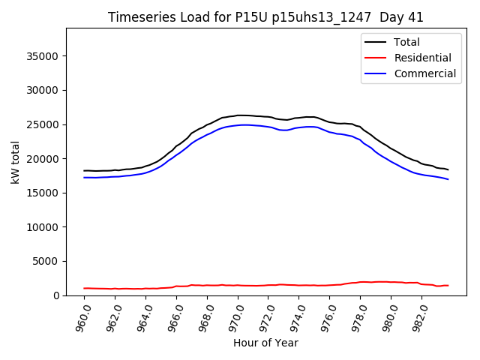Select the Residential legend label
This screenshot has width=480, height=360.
coord(422,58)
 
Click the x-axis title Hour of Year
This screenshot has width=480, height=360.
coord(265,343)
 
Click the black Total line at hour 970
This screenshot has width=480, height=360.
coord(238,115)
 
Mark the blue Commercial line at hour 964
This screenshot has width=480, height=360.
coord(146,172)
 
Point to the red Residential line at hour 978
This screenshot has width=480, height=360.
coord(361,282)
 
